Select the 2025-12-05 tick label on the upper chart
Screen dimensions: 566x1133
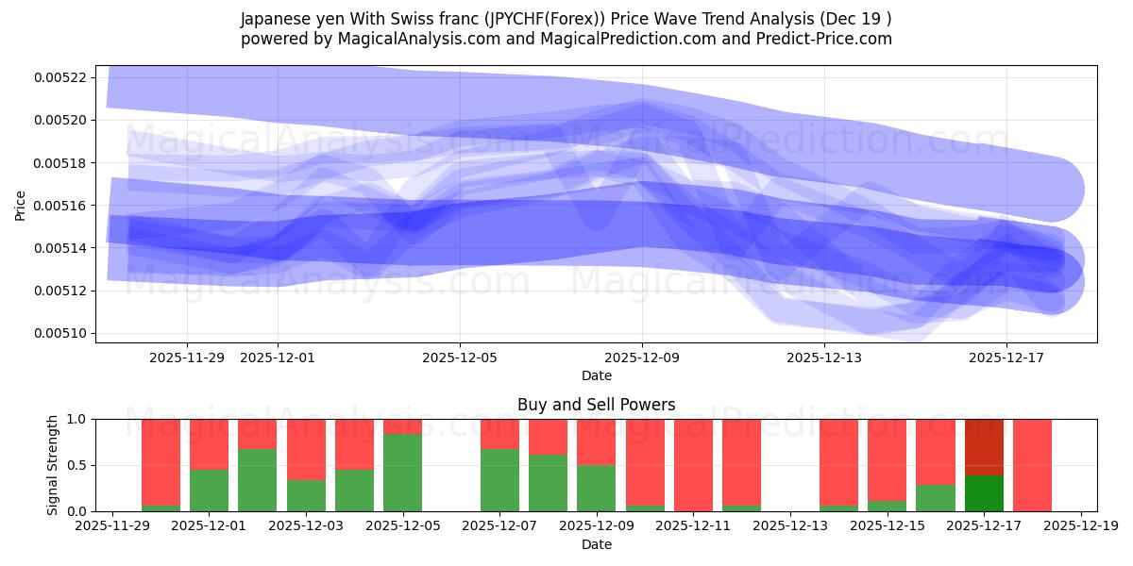click(460, 358)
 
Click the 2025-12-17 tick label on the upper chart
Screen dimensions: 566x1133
click(1006, 358)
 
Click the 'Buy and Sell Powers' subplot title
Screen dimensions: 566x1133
click(596, 405)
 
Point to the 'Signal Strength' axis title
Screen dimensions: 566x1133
click(53, 465)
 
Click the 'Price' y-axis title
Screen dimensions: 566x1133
click(21, 205)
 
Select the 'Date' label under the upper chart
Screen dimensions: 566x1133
click(596, 375)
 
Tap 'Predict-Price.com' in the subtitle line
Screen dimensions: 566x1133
click(819, 39)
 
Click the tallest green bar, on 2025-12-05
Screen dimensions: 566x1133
click(402, 473)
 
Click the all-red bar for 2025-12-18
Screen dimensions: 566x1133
click(1032, 465)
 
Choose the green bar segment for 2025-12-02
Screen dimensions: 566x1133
click(257, 480)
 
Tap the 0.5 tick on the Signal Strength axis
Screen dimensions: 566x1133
click(76, 465)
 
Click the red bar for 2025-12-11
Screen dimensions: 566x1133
click(693, 465)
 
